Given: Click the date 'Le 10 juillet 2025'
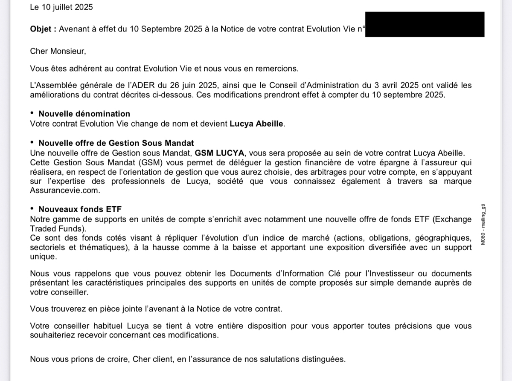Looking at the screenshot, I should pyautogui.click(x=61, y=7).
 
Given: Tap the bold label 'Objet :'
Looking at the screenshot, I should pyautogui.click(x=43, y=29).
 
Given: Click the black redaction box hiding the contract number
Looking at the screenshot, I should pyautogui.click(x=425, y=24).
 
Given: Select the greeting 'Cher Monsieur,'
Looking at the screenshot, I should pyautogui.click(x=58, y=51).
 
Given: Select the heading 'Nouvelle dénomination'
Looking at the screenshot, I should pyautogui.click(x=84, y=114).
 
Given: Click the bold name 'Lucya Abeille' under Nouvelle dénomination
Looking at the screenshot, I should pyautogui.click(x=256, y=124).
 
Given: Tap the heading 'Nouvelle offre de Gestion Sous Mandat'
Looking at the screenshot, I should pyautogui.click(x=116, y=143).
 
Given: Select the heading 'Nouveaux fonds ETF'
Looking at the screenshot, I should pyautogui.click(x=80, y=209).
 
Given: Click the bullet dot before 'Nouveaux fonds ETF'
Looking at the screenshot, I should pyautogui.click(x=32, y=208).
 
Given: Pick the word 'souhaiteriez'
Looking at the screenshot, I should pyautogui.click(x=52, y=335).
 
